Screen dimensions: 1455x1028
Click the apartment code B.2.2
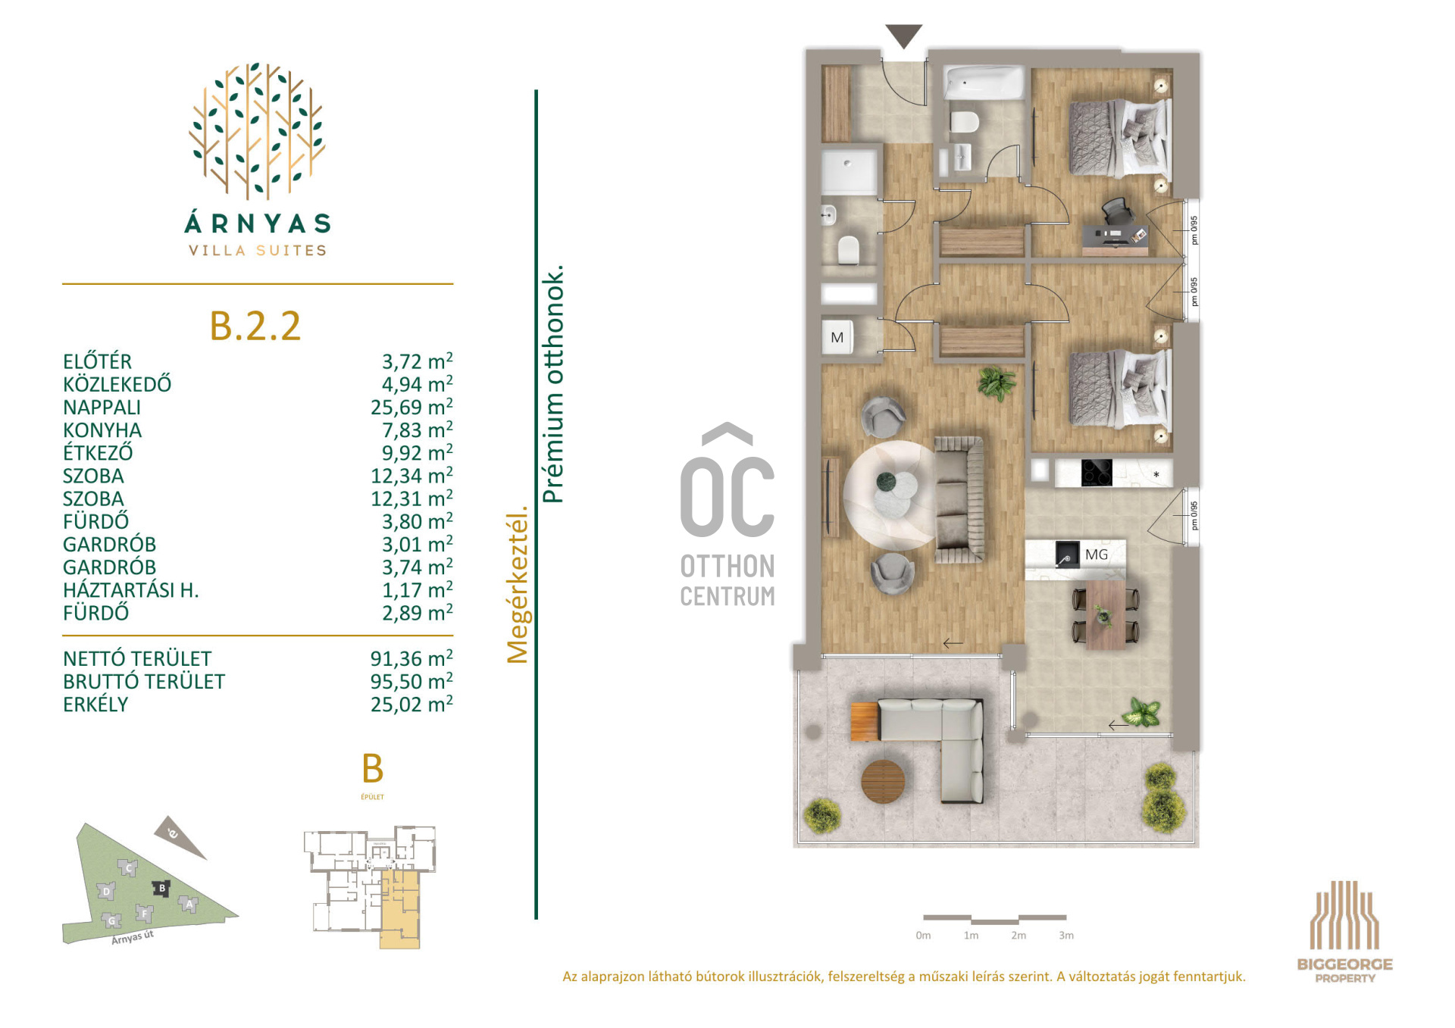pyautogui.click(x=255, y=326)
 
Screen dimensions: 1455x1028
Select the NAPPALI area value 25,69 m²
pyautogui.click(x=411, y=407)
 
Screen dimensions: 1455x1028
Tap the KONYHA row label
pyautogui.click(x=102, y=430)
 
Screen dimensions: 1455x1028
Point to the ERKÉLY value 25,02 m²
pyautogui.click(x=411, y=704)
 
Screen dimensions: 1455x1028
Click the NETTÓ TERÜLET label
pyautogui.click(x=137, y=658)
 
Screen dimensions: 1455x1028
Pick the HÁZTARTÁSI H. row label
pyautogui.click(x=131, y=590)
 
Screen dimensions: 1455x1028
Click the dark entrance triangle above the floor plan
pyautogui.click(x=903, y=35)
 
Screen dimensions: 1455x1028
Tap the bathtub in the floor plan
pyautogui.click(x=983, y=83)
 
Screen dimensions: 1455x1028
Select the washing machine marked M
pyautogui.click(x=838, y=337)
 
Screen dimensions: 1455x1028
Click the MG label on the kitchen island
pyautogui.click(x=1096, y=555)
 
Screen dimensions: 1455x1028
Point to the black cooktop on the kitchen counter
pyautogui.click(x=1096, y=473)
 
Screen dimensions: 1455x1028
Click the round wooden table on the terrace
pyautogui.click(x=883, y=781)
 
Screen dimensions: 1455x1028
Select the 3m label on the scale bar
pyautogui.click(x=1066, y=936)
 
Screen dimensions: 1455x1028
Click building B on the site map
pyautogui.click(x=161, y=888)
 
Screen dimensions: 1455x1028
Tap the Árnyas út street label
pyautogui.click(x=133, y=937)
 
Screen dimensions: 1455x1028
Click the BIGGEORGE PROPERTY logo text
pyautogui.click(x=1345, y=970)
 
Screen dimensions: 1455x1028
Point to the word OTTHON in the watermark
pyautogui.click(x=727, y=567)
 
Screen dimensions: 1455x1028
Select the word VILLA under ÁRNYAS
pyautogui.click(x=217, y=251)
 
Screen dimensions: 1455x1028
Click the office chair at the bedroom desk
pyautogui.click(x=1115, y=211)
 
